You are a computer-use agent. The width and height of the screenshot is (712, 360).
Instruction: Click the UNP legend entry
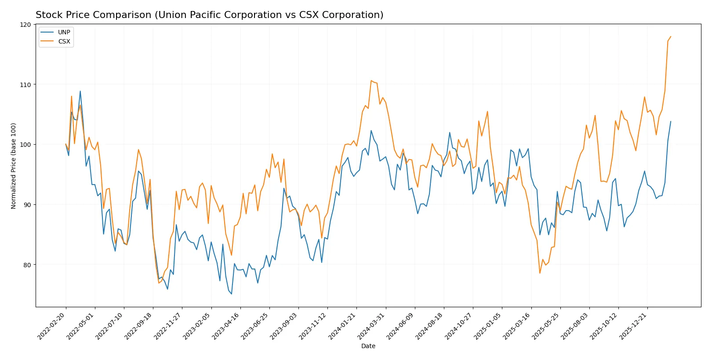(x=64, y=32)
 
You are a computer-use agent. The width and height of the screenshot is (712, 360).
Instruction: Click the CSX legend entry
(x=64, y=41)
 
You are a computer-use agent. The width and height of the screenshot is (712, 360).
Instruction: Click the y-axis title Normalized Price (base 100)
(x=14, y=166)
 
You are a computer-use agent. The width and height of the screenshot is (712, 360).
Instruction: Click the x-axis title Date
(x=368, y=346)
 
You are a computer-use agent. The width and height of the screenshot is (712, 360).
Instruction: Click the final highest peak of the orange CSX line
(x=671, y=36)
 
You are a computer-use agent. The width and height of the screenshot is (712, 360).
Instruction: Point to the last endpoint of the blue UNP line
(x=671, y=121)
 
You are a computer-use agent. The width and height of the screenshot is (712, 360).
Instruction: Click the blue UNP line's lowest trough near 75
(x=232, y=294)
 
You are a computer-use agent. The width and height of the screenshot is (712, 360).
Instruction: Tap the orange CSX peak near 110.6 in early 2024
(x=371, y=80)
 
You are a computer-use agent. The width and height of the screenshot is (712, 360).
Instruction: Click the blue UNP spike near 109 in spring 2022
(x=80, y=91)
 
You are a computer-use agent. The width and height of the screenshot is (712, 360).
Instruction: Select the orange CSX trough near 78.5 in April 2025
(x=540, y=273)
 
